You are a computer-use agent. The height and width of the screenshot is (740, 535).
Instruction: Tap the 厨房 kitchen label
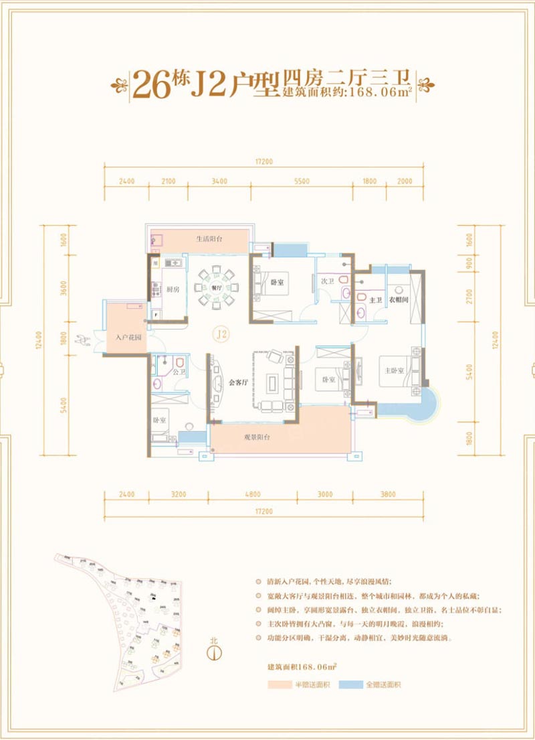click(171, 289)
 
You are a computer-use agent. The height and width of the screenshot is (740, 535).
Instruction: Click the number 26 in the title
click(151, 84)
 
